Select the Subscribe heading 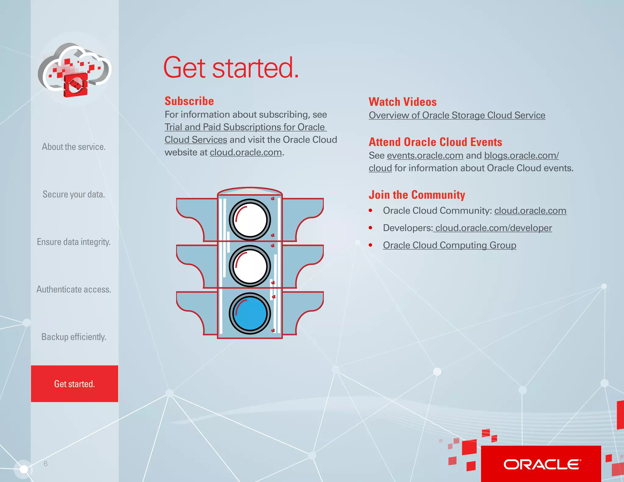[x=189, y=101]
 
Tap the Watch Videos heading [x=402, y=102]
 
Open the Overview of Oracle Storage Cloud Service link [x=457, y=115]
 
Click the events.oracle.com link [x=425, y=156]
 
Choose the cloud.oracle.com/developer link [x=493, y=228]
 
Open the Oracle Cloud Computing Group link [x=449, y=245]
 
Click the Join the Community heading [x=417, y=195]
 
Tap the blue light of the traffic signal [x=250, y=314]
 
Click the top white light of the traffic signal [x=250, y=220]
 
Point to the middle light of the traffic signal [x=250, y=266]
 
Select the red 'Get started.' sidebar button [x=75, y=384]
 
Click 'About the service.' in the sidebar [x=74, y=147]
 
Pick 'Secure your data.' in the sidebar [x=74, y=194]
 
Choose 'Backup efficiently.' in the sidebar [x=74, y=337]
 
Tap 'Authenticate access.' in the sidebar [x=74, y=289]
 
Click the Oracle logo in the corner [x=541, y=464]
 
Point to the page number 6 [x=46, y=464]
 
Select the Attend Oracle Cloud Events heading [x=435, y=142]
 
